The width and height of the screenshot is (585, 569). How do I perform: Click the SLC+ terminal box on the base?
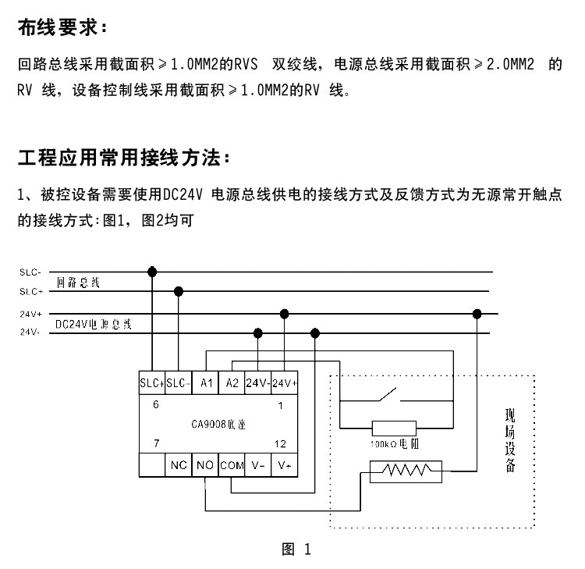[x=152, y=383]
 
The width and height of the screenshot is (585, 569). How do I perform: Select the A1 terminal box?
[x=206, y=383]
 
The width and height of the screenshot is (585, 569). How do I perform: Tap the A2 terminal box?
[x=232, y=383]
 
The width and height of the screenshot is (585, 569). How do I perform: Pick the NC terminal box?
[x=179, y=465]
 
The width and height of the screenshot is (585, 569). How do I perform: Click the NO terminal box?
[x=205, y=465]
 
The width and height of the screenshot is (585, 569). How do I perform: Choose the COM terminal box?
[x=232, y=465]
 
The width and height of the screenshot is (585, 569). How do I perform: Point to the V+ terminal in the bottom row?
[x=284, y=465]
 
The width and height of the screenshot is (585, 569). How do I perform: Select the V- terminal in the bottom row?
[x=258, y=465]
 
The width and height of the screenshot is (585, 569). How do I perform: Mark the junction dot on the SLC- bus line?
[x=152, y=272]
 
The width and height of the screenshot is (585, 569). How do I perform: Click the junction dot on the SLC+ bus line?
[x=179, y=291]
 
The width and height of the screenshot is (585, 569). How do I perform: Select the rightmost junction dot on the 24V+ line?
[x=477, y=314]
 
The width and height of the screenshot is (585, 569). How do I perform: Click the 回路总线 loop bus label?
[x=78, y=282]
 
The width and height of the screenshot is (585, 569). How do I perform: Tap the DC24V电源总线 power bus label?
[x=93, y=323]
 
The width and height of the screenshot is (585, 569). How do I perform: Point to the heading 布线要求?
[x=60, y=29]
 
